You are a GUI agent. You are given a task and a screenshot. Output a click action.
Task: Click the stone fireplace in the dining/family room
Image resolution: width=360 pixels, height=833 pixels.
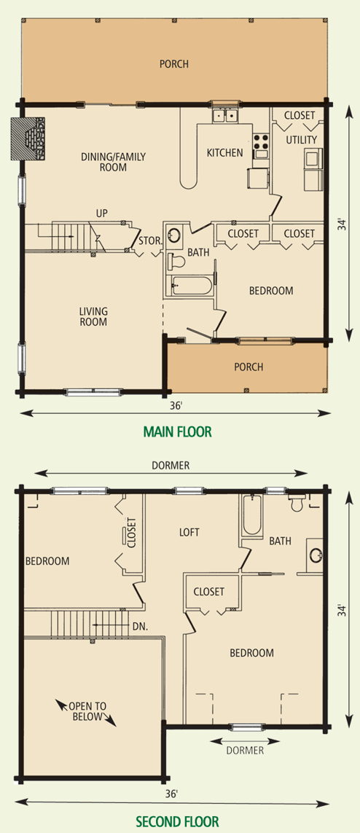click(x=28, y=138)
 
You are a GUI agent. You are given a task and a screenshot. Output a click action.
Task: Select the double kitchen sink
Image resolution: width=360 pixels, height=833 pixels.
click(x=225, y=114)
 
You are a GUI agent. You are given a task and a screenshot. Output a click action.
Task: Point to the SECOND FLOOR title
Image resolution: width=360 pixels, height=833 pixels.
click(x=177, y=821)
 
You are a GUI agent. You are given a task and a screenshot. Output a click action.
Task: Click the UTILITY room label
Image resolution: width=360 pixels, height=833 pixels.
click(x=302, y=140)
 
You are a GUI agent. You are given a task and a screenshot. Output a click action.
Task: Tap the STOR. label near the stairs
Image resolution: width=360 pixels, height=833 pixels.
click(x=150, y=241)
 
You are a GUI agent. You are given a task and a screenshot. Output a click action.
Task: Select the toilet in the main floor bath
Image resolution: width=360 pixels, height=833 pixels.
click(x=176, y=262)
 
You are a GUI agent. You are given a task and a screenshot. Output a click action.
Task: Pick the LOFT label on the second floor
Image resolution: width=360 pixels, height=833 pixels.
click(x=189, y=532)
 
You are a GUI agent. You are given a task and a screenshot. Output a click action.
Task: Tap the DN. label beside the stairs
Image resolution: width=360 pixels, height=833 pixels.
click(x=141, y=626)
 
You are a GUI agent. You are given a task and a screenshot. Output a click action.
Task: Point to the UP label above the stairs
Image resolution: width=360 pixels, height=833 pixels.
click(x=102, y=214)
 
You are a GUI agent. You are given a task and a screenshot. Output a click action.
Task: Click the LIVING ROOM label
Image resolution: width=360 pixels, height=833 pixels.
click(x=93, y=316)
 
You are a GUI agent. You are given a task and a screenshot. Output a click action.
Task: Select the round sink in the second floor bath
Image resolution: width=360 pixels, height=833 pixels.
click(x=317, y=554)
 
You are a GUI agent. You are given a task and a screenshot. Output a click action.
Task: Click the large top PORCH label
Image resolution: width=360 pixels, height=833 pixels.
click(x=174, y=64)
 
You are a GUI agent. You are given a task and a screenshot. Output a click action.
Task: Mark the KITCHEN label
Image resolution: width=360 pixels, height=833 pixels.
click(x=224, y=153)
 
